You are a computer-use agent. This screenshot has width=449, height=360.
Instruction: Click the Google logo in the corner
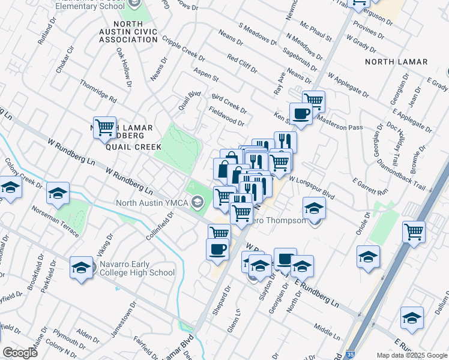tap(20, 353)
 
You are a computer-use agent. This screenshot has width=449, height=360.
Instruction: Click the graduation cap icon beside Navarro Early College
tap(81, 268)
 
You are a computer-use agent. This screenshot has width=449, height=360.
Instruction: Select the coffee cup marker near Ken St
tap(301, 112)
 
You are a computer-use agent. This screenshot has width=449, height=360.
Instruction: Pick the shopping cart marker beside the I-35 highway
tap(414, 231)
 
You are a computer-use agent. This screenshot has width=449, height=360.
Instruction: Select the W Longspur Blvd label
tap(312, 186)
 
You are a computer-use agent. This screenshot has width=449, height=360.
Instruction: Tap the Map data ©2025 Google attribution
tap(411, 355)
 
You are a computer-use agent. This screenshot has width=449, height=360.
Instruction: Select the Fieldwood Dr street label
tap(226, 116)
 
